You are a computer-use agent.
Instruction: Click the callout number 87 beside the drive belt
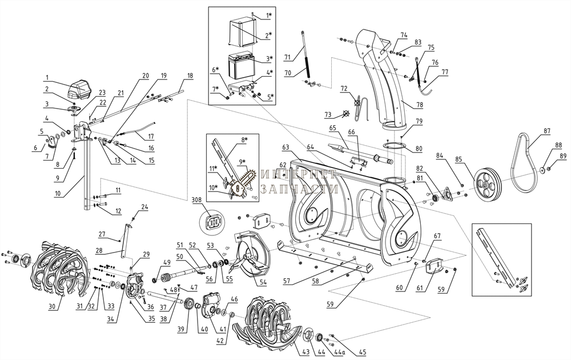(546, 131)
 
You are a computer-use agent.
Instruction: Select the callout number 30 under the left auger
(52, 307)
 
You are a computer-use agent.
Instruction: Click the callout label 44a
(340, 353)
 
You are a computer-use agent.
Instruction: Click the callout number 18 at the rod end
(190, 75)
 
